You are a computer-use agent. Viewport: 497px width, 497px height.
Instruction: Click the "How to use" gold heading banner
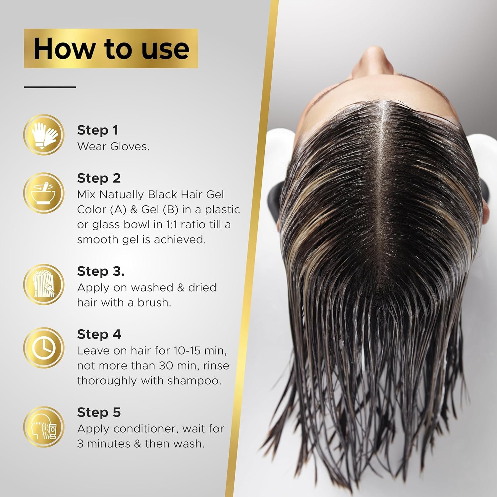click(x=111, y=48)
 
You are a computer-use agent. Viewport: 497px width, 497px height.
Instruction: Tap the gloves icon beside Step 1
click(x=44, y=135)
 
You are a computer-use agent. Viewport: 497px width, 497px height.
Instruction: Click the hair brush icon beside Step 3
click(x=44, y=284)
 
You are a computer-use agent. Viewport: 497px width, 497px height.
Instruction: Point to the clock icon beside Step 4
click(x=44, y=348)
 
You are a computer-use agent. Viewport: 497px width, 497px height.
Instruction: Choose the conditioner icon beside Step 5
click(x=44, y=426)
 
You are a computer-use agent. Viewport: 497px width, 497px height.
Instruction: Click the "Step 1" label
click(x=98, y=130)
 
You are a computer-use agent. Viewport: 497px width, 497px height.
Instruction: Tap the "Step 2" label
click(x=99, y=178)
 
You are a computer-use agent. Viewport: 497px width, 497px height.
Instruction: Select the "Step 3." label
click(x=101, y=271)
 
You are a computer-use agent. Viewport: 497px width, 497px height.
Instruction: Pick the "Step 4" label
click(x=99, y=334)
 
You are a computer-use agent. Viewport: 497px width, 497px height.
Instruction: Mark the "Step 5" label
click(x=99, y=413)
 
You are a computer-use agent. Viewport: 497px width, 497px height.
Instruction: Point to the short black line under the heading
click(x=50, y=87)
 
